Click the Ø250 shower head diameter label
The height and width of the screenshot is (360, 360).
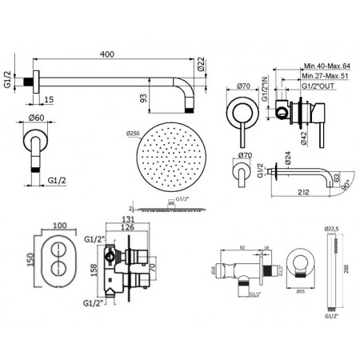point(134,134)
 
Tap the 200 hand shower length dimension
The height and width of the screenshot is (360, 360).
point(346,270)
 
